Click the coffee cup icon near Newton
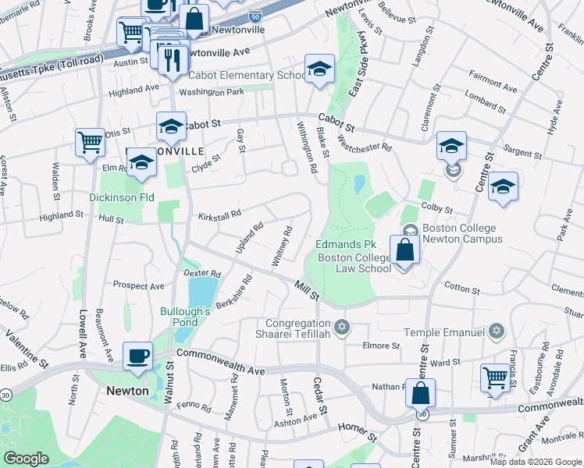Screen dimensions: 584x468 (x=138, y=356)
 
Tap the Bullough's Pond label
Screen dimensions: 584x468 (x=186, y=317)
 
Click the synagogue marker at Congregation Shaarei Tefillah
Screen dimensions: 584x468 (x=340, y=326)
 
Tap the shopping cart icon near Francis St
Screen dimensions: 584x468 (x=495, y=379)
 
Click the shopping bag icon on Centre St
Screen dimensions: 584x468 (x=420, y=392)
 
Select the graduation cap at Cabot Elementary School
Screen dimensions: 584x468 (x=319, y=69)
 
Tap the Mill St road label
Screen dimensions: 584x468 (x=306, y=292)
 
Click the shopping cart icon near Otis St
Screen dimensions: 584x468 (x=91, y=143)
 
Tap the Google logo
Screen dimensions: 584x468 (x=27, y=459)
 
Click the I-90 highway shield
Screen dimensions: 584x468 (x=255, y=15)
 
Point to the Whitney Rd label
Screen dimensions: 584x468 (x=282, y=246)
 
